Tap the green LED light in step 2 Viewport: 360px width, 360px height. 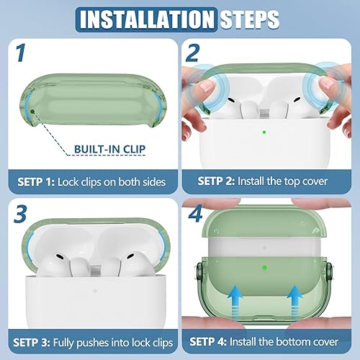[x=266, y=132]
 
